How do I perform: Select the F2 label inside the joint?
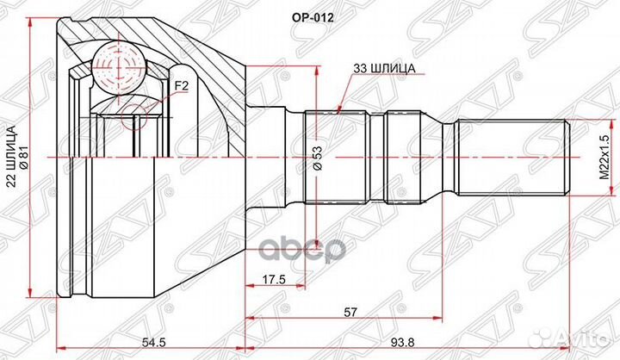click(181, 86)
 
